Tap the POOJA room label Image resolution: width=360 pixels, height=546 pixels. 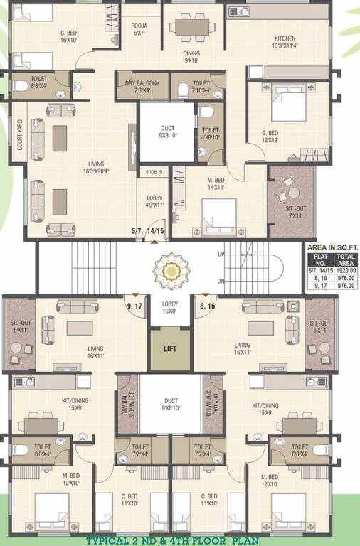point(139,29)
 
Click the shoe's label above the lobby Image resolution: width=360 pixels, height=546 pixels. point(154,171)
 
